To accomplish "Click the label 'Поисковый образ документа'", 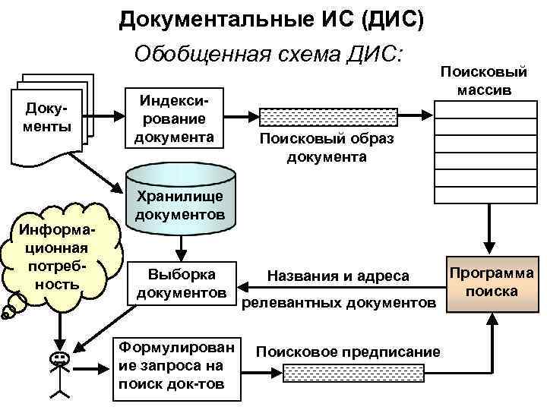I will coord(327,147).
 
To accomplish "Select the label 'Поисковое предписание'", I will coord(348,352).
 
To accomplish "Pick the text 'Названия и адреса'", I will coord(338,277).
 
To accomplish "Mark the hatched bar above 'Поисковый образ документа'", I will coord(328,118).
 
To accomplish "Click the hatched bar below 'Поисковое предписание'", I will coord(347,372).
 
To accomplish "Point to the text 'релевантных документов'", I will coord(339,304).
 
